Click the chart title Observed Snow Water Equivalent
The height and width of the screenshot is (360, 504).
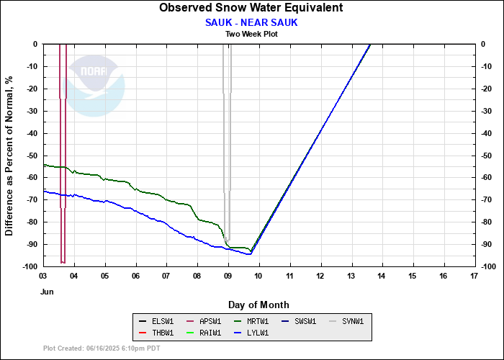251,7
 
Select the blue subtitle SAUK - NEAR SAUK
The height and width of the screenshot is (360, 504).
251,23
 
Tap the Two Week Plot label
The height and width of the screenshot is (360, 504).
251,34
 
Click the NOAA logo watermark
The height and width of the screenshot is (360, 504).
93,86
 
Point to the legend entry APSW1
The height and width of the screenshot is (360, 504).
204,321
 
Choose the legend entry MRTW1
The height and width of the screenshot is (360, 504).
251,321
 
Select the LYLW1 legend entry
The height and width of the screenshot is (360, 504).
251,333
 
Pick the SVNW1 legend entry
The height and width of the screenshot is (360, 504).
346,321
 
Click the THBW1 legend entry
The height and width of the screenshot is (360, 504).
156,333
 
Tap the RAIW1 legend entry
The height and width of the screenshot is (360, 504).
204,333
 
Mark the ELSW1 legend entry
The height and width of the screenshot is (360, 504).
156,321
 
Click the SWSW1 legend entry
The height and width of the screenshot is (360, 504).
299,321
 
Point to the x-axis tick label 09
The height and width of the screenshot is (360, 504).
228,276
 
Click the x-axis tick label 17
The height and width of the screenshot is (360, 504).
474,276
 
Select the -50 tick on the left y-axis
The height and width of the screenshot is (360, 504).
32,156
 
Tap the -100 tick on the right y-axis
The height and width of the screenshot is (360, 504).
489,267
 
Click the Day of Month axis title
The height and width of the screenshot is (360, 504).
258,305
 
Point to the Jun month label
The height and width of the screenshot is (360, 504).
47,292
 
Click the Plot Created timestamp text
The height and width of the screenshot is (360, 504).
102,348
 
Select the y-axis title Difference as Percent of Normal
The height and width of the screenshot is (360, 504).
9,156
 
